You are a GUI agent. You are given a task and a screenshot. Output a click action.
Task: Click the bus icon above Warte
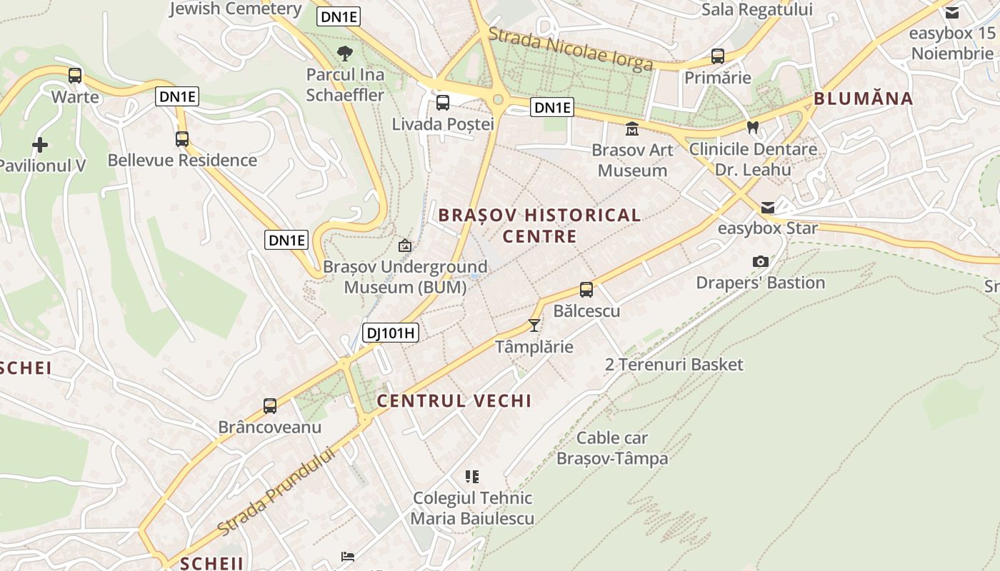point(75,75)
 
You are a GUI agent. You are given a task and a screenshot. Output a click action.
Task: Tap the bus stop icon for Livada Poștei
point(443,103)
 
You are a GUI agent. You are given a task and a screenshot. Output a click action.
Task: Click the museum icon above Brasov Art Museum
point(632,129)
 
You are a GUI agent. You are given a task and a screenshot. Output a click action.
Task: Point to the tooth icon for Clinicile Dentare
point(752,128)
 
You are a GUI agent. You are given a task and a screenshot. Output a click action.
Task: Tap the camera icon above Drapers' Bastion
point(761,262)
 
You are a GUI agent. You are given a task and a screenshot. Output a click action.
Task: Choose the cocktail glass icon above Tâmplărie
point(534,325)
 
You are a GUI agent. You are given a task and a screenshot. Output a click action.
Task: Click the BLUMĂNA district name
point(864,98)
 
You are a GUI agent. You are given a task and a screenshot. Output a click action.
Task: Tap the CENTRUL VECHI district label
point(454,400)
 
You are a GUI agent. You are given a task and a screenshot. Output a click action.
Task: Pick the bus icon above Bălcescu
point(586,290)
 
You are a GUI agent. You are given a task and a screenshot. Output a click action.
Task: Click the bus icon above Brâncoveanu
point(270,406)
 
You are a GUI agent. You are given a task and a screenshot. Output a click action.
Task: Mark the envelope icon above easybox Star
point(768,208)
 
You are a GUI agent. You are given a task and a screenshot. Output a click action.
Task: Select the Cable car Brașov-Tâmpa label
point(612,448)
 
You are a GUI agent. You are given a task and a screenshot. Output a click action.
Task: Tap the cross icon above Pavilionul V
point(40,145)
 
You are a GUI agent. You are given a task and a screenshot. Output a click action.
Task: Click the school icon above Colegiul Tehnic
point(472,476)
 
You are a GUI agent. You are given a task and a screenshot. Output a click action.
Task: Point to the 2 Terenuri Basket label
point(674,365)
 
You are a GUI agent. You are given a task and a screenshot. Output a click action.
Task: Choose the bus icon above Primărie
point(718,56)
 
